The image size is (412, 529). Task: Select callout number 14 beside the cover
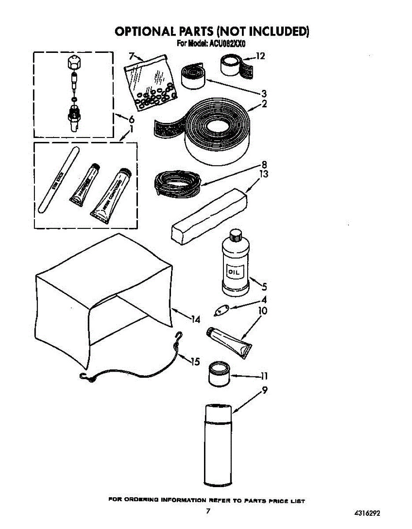195,320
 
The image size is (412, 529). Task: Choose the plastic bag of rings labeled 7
150,79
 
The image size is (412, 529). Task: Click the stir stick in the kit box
59,180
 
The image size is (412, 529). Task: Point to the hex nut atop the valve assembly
74,62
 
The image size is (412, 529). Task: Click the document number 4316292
366,513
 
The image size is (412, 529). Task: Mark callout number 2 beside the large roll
264,104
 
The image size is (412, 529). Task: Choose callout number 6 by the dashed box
131,119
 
